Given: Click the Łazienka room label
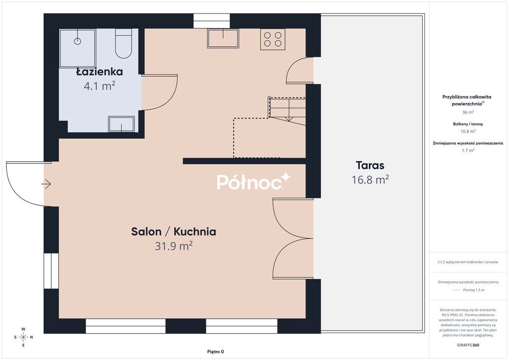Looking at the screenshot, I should tap(99, 72).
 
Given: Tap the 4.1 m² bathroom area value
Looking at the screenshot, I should tap(99, 86).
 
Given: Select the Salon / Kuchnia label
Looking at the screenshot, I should tap(173, 231).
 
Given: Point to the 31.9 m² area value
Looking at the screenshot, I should tap(173, 245).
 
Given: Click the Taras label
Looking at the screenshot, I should tap(370, 166).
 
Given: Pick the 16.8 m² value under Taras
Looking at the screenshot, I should tap(370, 180).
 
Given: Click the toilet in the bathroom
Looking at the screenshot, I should tap(123, 44).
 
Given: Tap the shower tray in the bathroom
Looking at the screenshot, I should tap(78, 48).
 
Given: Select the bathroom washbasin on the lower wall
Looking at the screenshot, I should tap(121, 124).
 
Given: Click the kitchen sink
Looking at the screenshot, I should tap(223, 38).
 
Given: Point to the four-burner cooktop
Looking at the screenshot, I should tap(272, 39).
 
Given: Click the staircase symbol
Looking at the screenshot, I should tap(287, 109).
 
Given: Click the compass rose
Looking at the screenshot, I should tap(23, 337).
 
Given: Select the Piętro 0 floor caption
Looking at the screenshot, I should tap(216, 352).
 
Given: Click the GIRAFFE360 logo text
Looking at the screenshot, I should tap(468, 345).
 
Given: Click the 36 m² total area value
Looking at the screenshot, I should tap(468, 112).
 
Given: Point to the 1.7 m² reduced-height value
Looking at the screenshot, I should tap(468, 150).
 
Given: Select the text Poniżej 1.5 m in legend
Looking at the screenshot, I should tap(473, 290).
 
